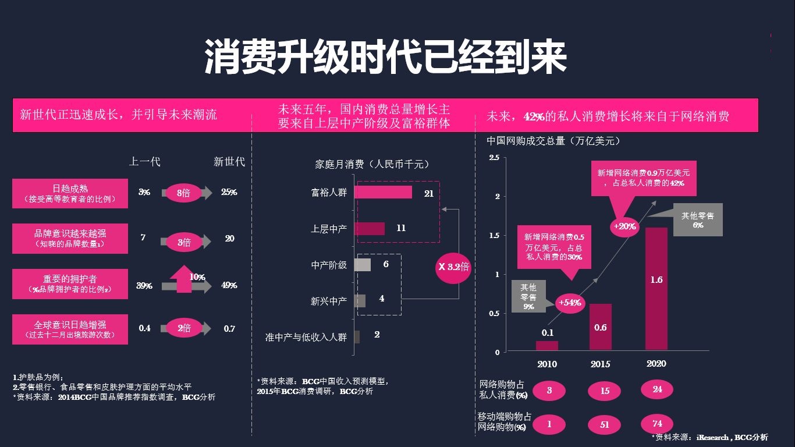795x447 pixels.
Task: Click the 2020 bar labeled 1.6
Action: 656,289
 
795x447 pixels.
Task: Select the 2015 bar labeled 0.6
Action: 601,327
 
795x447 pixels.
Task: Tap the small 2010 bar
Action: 547,346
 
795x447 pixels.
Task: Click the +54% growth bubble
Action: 570,303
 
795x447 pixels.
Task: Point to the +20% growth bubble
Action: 624,226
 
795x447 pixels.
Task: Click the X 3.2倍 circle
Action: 453,267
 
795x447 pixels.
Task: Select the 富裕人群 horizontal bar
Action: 384,192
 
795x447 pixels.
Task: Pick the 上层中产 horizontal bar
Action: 370,229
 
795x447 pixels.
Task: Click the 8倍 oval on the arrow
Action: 183,193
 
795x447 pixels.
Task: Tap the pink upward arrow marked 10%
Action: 184,279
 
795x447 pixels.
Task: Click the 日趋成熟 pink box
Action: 70,193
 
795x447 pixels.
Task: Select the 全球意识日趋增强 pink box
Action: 70,329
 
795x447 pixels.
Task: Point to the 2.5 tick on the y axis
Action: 494,157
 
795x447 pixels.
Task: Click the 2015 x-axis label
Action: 600,364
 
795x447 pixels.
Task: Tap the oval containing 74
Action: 657,424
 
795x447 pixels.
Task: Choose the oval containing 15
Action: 605,391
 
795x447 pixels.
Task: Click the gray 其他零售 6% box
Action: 698,220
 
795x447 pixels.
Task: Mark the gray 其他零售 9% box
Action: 528,296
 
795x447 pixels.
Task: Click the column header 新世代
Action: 229,162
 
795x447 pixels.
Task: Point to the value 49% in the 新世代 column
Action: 229,285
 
